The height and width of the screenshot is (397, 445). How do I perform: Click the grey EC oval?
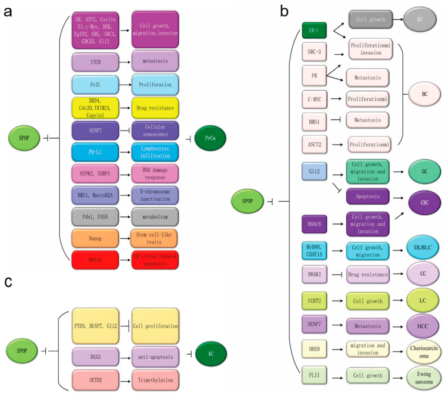(x=420, y=19)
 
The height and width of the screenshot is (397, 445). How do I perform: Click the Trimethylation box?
(x=157, y=380)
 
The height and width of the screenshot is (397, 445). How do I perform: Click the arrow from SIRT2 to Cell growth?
(x=337, y=301)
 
